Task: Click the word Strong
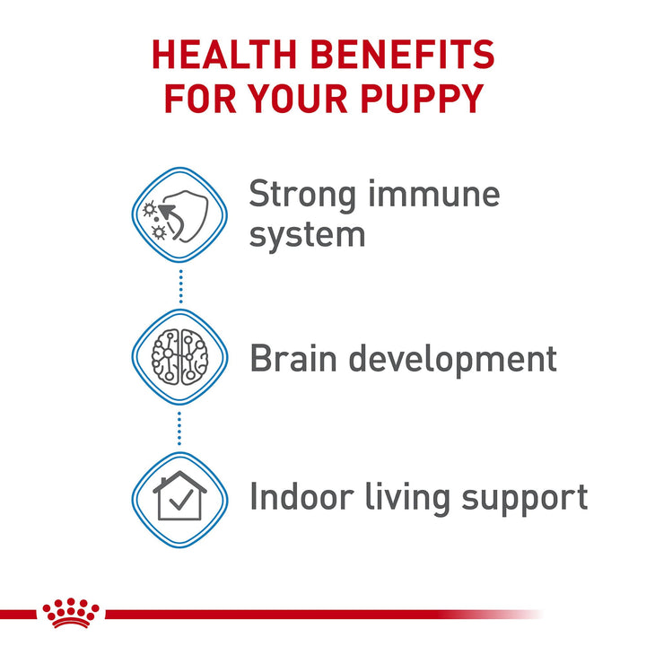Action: point(305,195)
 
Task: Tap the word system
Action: point(307,235)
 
